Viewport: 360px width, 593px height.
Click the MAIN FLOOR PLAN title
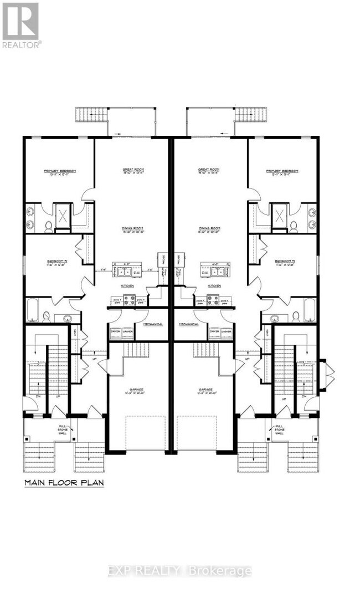click(64, 483)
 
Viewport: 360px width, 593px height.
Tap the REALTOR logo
click(20, 25)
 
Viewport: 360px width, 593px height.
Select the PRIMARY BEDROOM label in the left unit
click(60, 172)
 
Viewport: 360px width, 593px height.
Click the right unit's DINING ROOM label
click(209, 229)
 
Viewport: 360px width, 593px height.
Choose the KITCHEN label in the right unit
click(215, 285)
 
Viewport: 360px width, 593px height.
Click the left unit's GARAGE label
click(133, 390)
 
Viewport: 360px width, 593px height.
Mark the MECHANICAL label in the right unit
click(188, 324)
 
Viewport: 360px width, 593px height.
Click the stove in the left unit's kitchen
click(129, 300)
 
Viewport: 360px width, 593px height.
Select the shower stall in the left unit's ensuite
click(62, 214)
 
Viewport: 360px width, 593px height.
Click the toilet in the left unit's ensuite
click(48, 226)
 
